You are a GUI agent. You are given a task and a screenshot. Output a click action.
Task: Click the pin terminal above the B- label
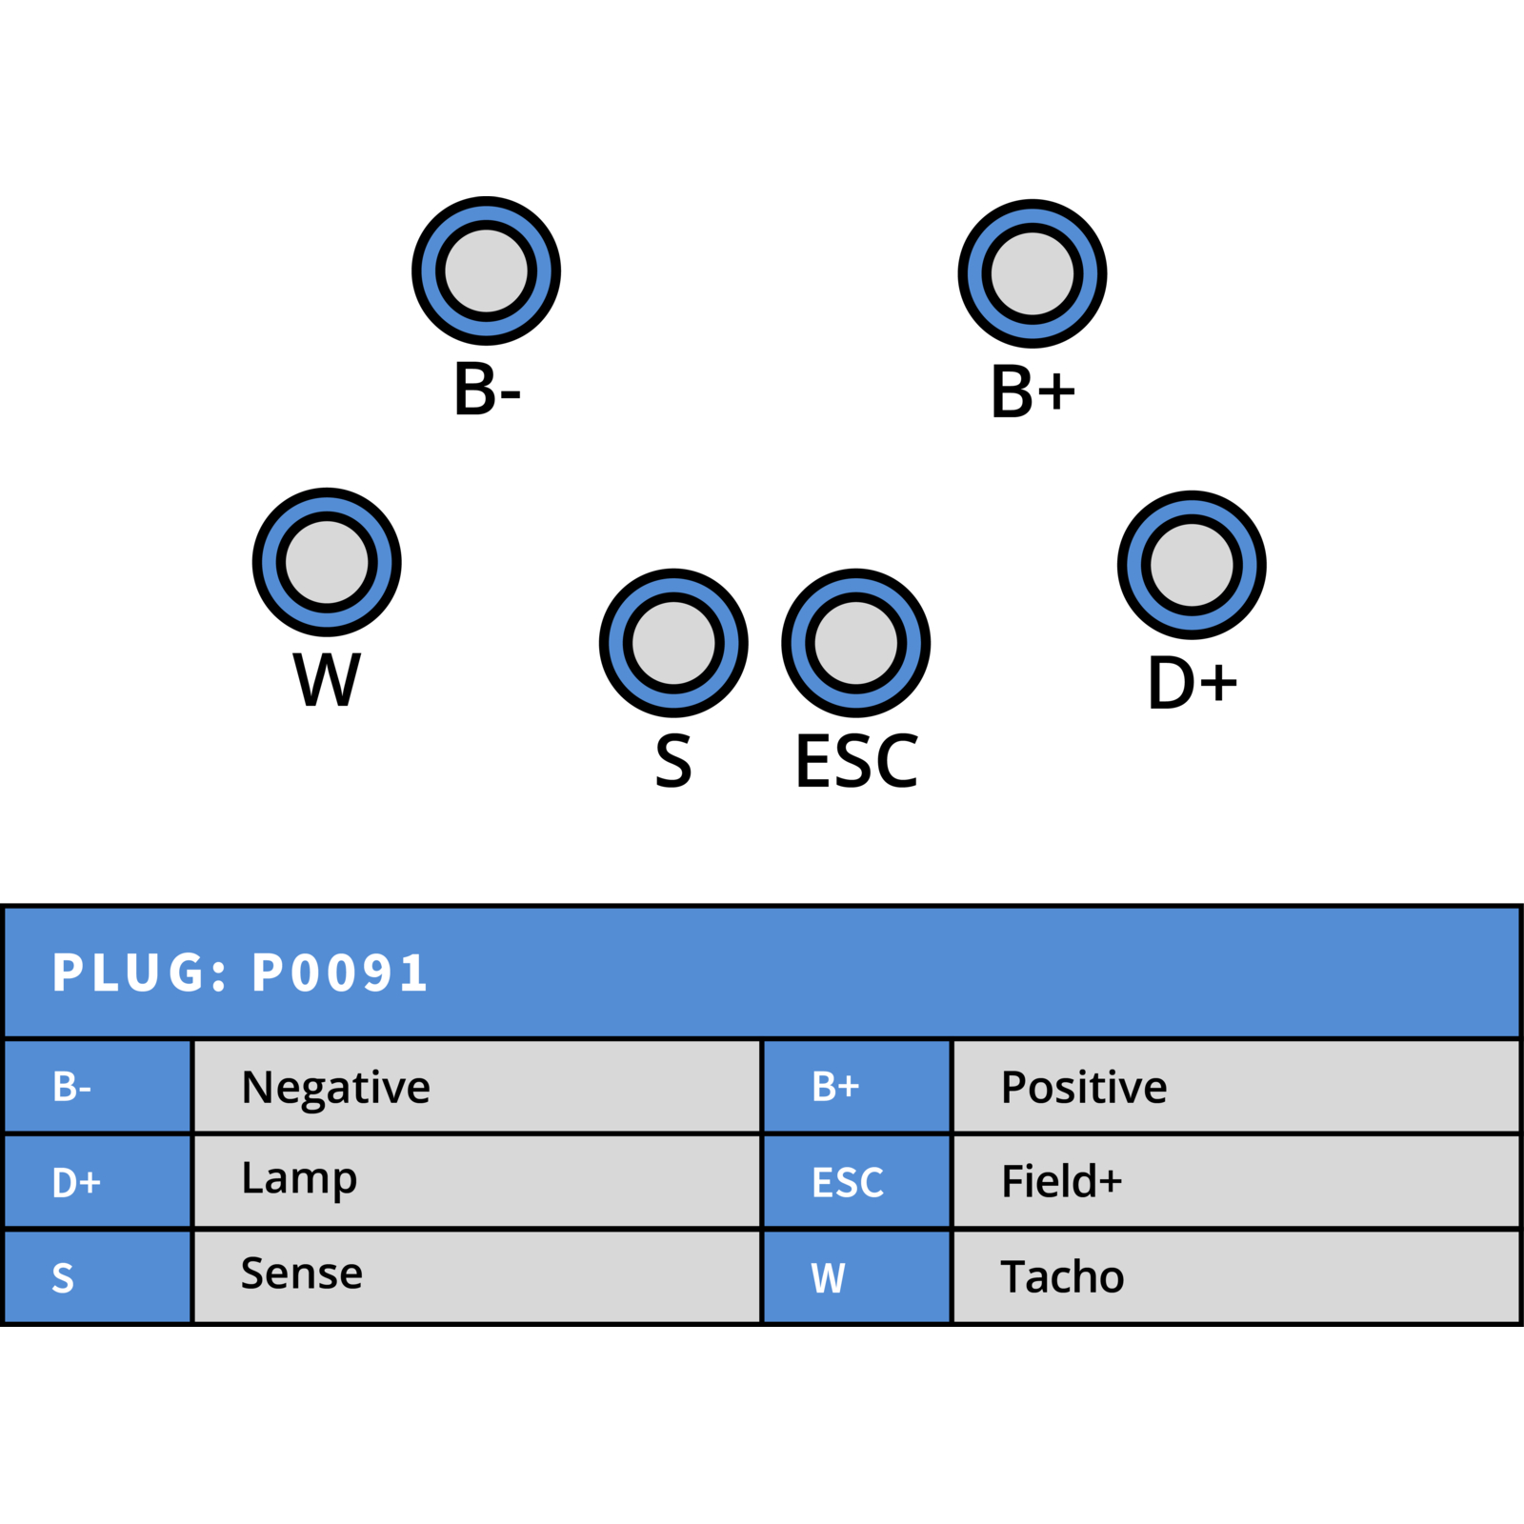(486, 271)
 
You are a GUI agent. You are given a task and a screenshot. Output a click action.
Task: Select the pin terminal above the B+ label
(1033, 273)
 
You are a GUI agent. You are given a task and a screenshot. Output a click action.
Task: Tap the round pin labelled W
(327, 562)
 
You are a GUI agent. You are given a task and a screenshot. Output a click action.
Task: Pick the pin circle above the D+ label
(1192, 565)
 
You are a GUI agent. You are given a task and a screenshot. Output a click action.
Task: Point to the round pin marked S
(673, 643)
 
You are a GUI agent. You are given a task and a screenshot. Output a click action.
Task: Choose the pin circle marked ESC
(856, 643)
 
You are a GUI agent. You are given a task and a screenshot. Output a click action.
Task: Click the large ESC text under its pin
(856, 761)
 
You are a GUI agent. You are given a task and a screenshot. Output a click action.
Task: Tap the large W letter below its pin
(327, 679)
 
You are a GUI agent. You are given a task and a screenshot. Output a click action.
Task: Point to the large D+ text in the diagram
(1193, 682)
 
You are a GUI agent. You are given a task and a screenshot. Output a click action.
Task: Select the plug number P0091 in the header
(340, 973)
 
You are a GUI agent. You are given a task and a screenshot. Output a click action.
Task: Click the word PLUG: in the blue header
(140, 973)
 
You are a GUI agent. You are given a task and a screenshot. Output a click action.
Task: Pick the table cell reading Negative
(476, 1087)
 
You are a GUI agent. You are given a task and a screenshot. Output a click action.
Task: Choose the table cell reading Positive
(1235, 1087)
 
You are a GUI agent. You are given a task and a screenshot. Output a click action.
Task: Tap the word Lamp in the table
(299, 1179)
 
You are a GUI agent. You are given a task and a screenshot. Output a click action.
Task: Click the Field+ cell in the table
(1235, 1181)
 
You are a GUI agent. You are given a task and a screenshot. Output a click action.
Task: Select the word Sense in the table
(302, 1273)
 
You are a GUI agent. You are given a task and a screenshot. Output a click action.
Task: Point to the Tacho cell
(1235, 1277)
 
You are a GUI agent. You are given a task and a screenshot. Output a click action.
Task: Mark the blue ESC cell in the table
(857, 1181)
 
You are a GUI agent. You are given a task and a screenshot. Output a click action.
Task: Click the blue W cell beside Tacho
(857, 1277)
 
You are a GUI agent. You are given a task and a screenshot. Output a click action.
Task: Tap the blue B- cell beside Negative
(98, 1087)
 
